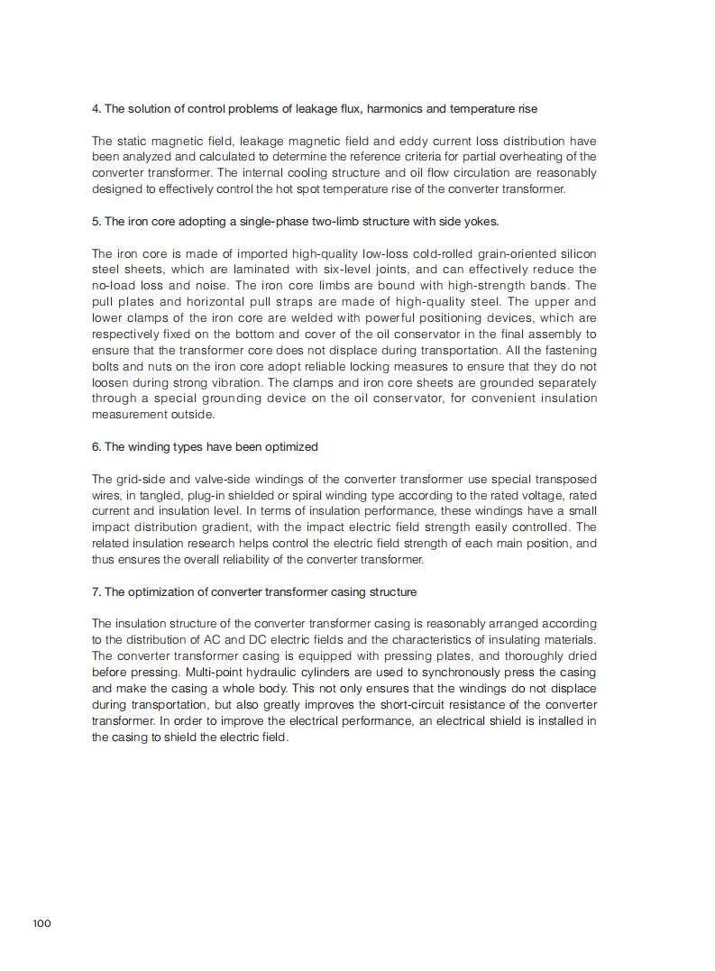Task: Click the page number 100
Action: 42,922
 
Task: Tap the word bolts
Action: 106,367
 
